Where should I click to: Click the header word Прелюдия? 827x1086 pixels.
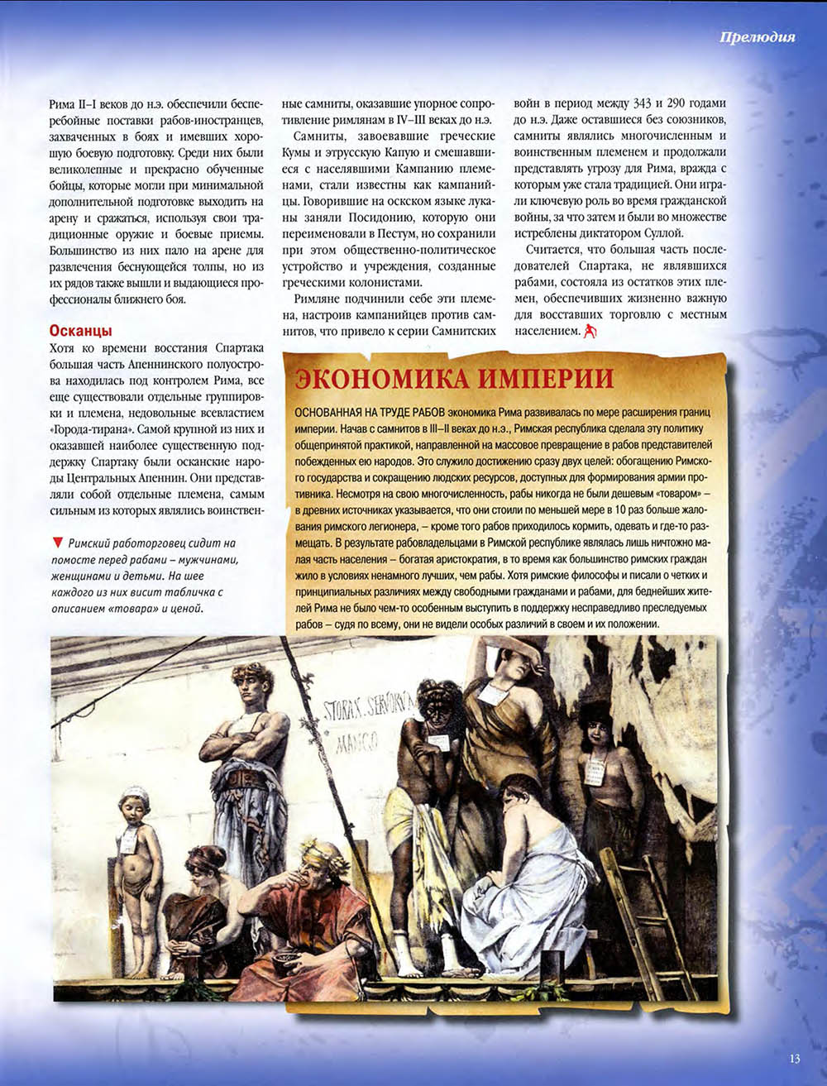click(x=757, y=36)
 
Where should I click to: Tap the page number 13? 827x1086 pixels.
click(x=794, y=1058)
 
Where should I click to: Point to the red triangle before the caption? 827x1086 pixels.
click(x=57, y=543)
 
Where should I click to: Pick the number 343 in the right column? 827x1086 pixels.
click(x=641, y=104)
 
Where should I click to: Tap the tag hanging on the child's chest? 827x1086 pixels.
click(x=128, y=840)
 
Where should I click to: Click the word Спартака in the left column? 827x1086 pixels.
click(x=239, y=348)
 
